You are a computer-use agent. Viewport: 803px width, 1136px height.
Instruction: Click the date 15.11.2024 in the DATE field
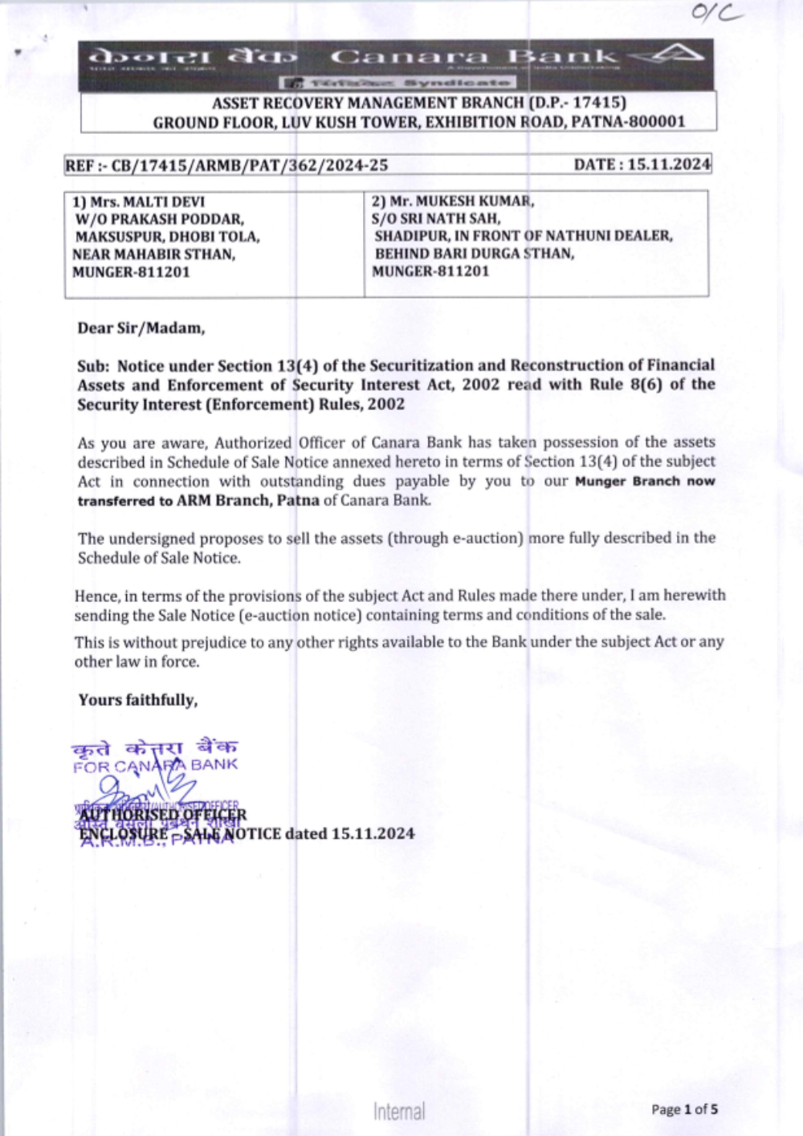[x=669, y=165]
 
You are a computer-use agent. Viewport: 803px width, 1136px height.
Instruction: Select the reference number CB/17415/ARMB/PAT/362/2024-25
[x=249, y=165]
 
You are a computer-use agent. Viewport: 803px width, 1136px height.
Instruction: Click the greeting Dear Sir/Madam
[x=141, y=328]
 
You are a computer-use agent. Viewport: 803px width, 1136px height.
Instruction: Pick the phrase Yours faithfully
[x=138, y=700]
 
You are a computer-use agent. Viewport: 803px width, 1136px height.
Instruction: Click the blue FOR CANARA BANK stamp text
[x=155, y=765]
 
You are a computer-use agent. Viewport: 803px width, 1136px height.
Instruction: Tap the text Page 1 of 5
[x=684, y=1110]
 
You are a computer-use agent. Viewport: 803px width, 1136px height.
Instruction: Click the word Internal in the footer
[x=399, y=1112]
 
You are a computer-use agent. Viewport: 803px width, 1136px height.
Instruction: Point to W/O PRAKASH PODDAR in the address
[x=159, y=219]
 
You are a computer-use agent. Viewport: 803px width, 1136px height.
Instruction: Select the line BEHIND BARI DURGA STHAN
[x=474, y=254]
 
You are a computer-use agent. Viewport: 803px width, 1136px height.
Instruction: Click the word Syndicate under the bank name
[x=456, y=83]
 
